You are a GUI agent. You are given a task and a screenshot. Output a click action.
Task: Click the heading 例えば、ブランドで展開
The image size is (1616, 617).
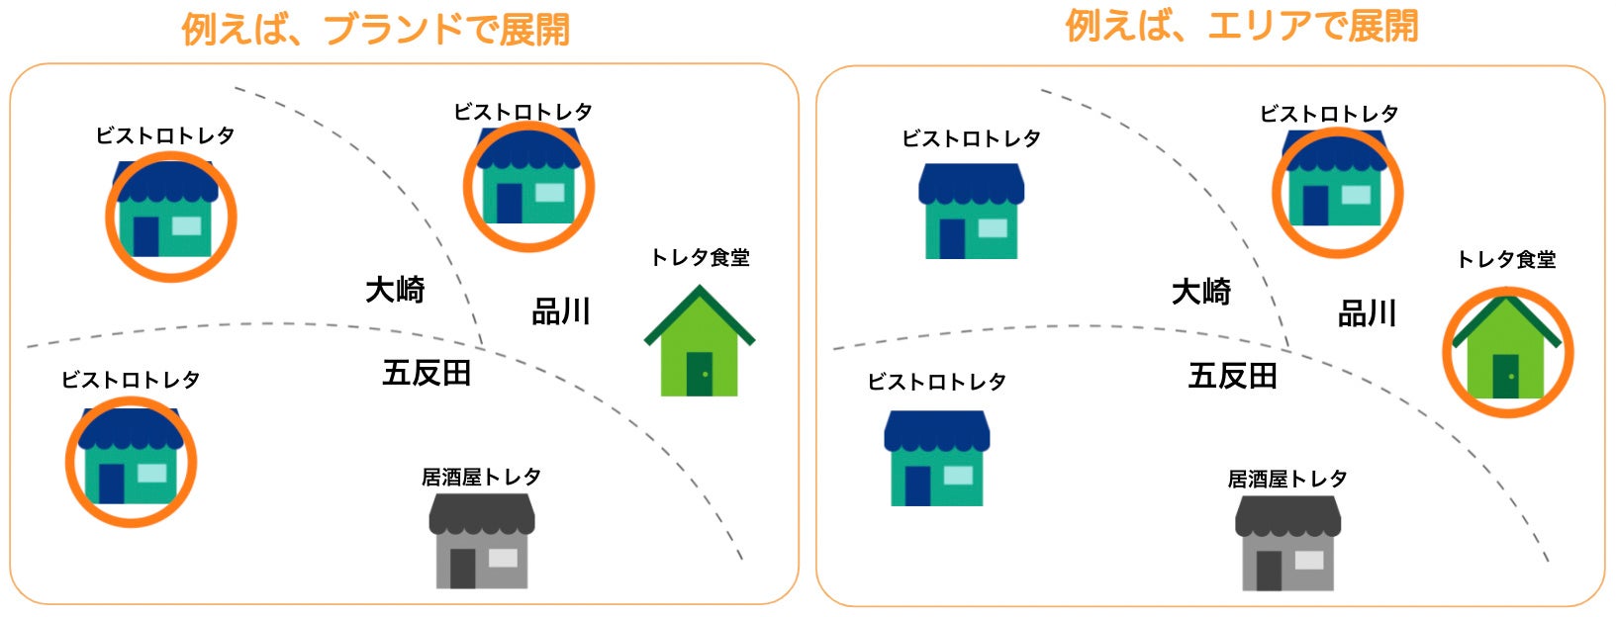[x=376, y=29]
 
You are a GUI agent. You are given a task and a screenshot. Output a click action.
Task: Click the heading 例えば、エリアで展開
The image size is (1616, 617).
[x=1242, y=26]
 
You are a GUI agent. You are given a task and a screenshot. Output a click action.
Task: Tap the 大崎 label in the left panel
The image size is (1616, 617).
[x=395, y=290]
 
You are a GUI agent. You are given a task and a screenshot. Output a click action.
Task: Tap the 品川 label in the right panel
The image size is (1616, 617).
[x=1367, y=314]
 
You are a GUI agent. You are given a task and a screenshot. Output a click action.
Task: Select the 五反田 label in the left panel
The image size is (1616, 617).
[x=427, y=374]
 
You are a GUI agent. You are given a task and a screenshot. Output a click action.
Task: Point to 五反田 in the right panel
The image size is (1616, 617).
[x=1232, y=376]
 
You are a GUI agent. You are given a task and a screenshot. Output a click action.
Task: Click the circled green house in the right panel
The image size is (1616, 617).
[x=1506, y=351]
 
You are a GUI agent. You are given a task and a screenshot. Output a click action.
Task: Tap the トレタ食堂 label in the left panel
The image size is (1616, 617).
[x=700, y=258]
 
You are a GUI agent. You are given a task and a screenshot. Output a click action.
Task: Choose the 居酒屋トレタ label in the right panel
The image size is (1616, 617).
[x=1287, y=480]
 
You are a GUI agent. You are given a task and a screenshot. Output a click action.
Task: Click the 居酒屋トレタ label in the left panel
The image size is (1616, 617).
[x=481, y=478]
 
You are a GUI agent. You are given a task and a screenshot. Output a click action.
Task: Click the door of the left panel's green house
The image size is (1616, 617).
[x=700, y=374]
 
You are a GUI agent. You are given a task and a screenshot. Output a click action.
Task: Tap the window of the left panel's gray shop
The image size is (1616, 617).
[x=503, y=558]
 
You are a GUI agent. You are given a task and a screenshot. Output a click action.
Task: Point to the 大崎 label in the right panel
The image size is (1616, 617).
[x=1200, y=292]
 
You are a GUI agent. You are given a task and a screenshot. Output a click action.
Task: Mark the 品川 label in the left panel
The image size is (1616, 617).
[x=561, y=312]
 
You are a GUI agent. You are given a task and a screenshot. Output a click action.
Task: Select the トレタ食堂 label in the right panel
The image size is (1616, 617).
[x=1506, y=260]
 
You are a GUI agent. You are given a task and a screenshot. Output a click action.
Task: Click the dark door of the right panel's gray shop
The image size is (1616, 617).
[x=1269, y=571]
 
